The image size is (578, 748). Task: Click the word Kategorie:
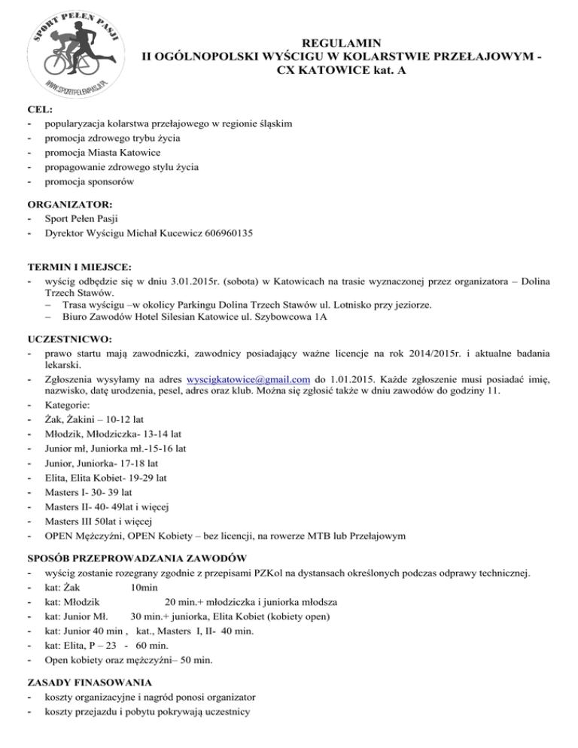tap(68, 407)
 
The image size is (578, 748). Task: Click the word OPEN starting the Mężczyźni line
tap(59, 536)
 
